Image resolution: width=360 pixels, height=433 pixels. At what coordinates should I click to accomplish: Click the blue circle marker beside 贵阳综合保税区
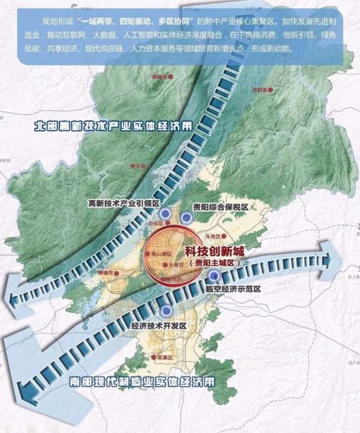coord(186,217)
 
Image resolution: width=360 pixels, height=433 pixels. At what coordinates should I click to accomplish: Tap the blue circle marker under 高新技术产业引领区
coord(166,214)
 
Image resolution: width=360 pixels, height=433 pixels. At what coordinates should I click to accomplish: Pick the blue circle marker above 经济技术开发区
coord(167,311)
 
